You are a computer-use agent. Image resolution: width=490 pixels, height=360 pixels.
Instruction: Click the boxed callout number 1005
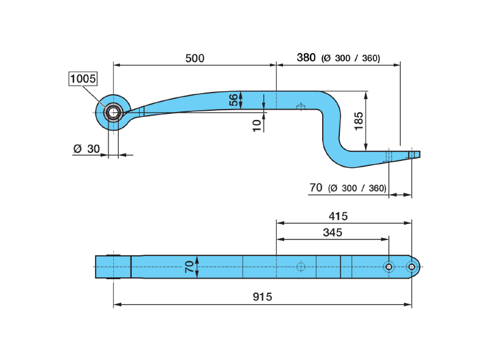[x=83, y=79]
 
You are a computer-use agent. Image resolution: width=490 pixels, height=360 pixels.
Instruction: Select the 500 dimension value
[x=194, y=58]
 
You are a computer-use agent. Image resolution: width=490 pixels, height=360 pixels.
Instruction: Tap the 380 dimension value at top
[x=306, y=58]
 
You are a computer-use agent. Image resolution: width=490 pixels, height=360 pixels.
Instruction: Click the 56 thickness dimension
[x=233, y=100]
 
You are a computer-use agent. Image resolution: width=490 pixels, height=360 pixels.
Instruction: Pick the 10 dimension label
[x=257, y=125]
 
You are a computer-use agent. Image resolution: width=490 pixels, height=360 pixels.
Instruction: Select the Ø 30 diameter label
[x=86, y=149]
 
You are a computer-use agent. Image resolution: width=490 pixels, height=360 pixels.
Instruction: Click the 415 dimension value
[x=337, y=216]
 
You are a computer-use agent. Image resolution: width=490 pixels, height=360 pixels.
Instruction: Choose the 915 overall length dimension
[x=262, y=296]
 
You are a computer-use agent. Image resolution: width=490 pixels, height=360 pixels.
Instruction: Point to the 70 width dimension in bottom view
[x=189, y=266]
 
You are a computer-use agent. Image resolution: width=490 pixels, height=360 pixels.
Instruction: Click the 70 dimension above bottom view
[x=315, y=188]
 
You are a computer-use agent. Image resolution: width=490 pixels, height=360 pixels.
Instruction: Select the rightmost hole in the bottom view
[x=412, y=266]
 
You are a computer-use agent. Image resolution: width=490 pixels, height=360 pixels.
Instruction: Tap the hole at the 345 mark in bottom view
[x=388, y=266]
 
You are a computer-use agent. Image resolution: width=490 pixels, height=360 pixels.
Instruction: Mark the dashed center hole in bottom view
[x=300, y=266]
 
